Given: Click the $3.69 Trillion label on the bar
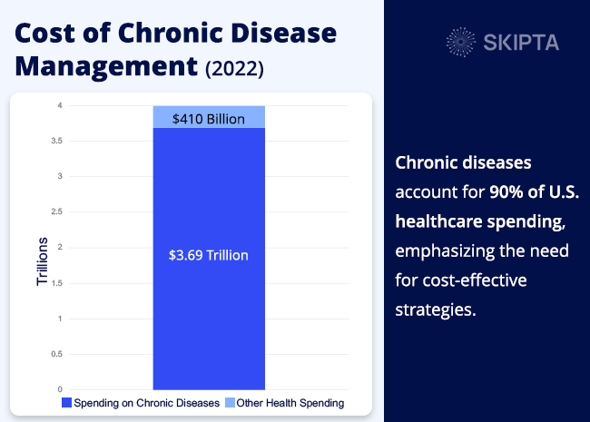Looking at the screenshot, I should [208, 256].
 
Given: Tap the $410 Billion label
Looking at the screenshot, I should [208, 118].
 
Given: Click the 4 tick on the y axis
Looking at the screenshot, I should [60, 105].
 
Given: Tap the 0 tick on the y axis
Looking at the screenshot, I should [60, 389].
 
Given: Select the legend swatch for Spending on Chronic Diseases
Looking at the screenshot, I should [65, 402].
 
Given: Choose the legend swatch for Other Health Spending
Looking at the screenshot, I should [229, 402].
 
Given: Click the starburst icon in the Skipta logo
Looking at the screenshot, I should [462, 42].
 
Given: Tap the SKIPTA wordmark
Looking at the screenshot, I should [521, 43].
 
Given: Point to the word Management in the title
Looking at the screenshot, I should [103, 65].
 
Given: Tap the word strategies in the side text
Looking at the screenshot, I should [436, 309].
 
